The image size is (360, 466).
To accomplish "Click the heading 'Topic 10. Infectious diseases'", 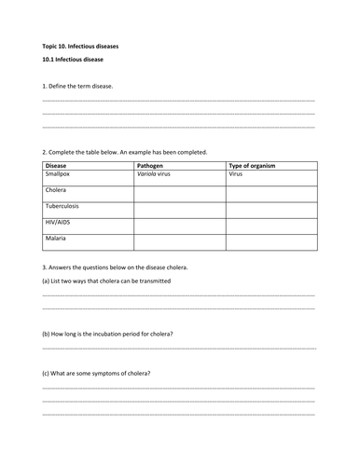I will point(75,45).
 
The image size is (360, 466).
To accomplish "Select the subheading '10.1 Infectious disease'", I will point(73,59).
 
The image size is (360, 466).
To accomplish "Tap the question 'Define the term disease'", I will point(78,86).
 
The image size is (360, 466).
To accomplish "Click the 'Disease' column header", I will point(57,165).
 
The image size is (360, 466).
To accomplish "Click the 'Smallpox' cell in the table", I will point(59,173).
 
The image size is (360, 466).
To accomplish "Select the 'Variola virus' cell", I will point(158,173).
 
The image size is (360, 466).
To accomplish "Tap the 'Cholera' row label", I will point(57,189).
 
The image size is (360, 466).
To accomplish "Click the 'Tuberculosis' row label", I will point(63,205).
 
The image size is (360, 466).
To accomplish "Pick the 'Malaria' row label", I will point(56,239).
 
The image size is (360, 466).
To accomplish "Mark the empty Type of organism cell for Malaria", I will point(270,242).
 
